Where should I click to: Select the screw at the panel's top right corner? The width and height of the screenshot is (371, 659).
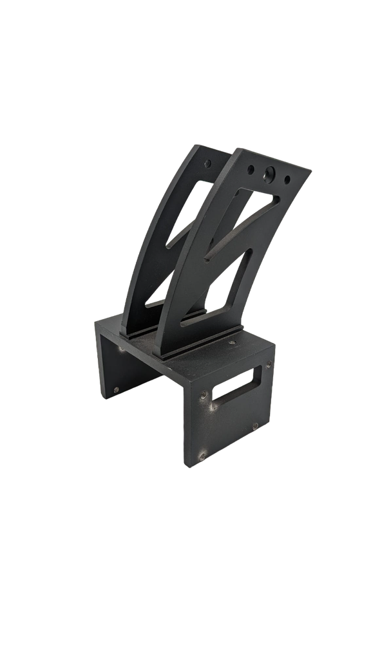[269, 367]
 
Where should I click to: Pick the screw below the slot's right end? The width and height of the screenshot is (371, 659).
[254, 425]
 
